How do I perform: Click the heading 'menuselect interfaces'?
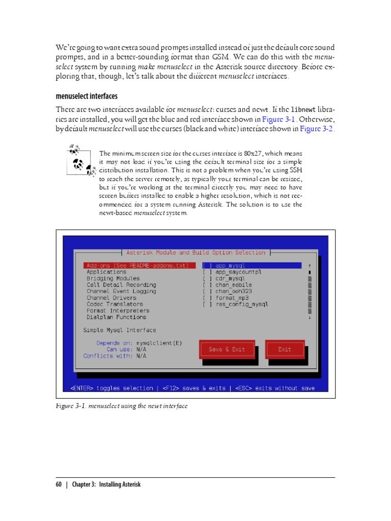(x=87, y=96)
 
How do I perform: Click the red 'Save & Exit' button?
(x=227, y=350)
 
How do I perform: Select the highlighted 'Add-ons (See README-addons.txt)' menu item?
(x=139, y=266)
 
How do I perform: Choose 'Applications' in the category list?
(x=106, y=272)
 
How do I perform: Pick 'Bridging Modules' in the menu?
(x=113, y=279)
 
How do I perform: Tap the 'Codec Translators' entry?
(x=115, y=304)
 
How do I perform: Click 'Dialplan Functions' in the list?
(x=116, y=317)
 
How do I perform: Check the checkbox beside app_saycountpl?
(x=207, y=272)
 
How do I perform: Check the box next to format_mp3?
(x=207, y=298)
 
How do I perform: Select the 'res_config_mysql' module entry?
(x=242, y=304)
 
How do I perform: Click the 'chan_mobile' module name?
(x=234, y=285)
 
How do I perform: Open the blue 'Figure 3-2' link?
(x=317, y=129)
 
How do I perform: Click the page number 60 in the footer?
(x=59, y=484)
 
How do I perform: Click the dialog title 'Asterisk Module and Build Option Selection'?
(x=195, y=252)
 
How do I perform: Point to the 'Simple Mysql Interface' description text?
(x=120, y=330)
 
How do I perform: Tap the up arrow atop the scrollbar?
(x=310, y=266)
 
